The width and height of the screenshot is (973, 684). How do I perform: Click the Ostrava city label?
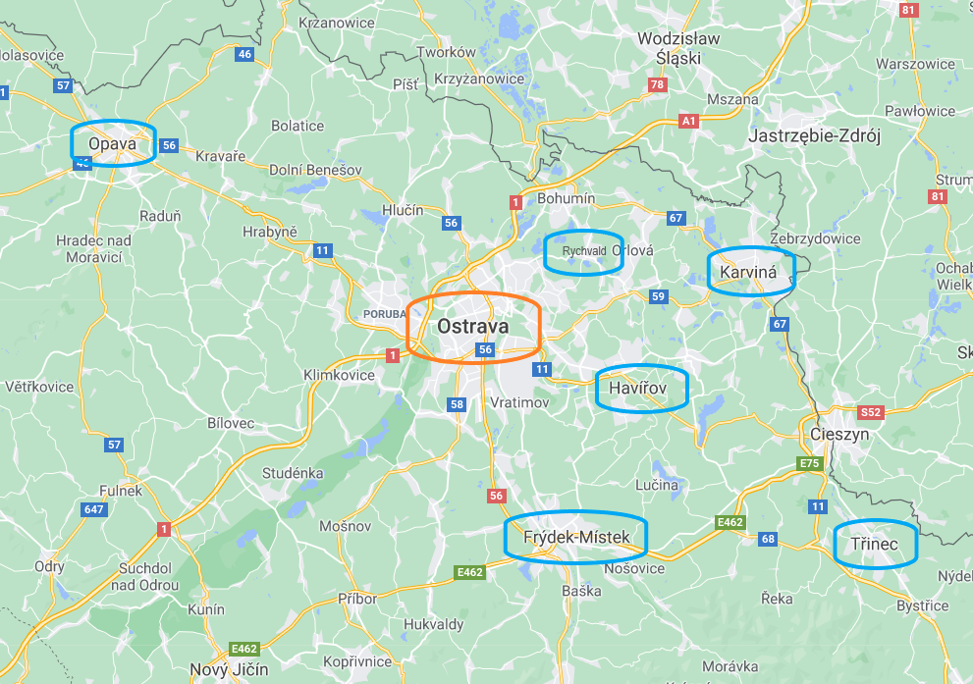coord(473,325)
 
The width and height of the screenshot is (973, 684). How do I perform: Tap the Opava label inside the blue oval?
coord(110,144)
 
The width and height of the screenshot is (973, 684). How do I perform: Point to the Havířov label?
coord(638,389)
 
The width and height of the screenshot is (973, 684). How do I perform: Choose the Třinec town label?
coord(874,544)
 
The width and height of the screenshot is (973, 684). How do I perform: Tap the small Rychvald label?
coord(583,251)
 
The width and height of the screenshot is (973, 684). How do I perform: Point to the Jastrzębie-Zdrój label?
coord(815,135)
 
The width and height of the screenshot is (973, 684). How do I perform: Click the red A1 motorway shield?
coord(689,121)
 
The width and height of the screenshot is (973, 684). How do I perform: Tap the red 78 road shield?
coord(658,85)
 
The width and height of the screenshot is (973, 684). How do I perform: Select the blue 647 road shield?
coord(95,509)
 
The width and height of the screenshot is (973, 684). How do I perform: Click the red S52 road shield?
coord(871,412)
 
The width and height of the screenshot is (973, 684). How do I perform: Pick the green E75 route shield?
coord(810,463)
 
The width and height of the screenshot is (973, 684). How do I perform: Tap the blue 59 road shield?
coord(658,296)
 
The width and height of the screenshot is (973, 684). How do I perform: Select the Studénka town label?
coord(293,473)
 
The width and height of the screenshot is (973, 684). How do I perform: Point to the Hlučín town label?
coord(403,210)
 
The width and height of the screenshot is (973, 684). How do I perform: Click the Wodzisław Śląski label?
coord(678,48)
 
